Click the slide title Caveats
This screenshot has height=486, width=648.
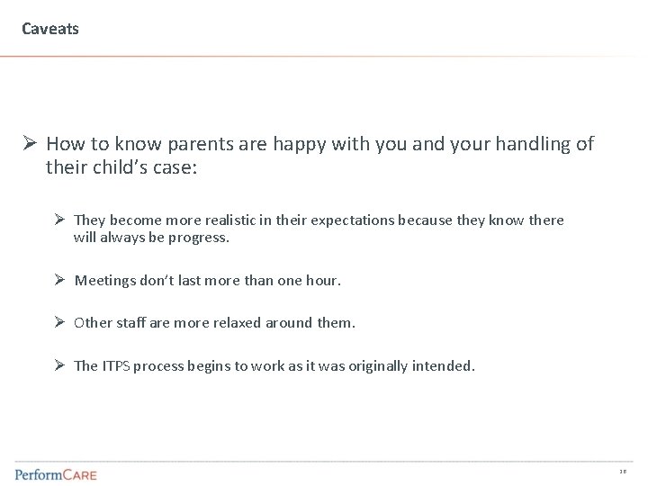click(50, 29)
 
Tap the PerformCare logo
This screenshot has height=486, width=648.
click(56, 472)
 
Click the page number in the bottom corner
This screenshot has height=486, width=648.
click(623, 472)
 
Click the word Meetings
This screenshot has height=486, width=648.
click(105, 281)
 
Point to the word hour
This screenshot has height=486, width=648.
click(321, 281)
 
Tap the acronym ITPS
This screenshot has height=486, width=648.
click(116, 365)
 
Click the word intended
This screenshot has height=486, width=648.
click(444, 365)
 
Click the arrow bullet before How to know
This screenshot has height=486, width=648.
click(30, 144)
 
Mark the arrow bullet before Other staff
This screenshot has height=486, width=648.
click(58, 323)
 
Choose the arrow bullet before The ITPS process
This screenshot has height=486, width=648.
click(58, 365)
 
